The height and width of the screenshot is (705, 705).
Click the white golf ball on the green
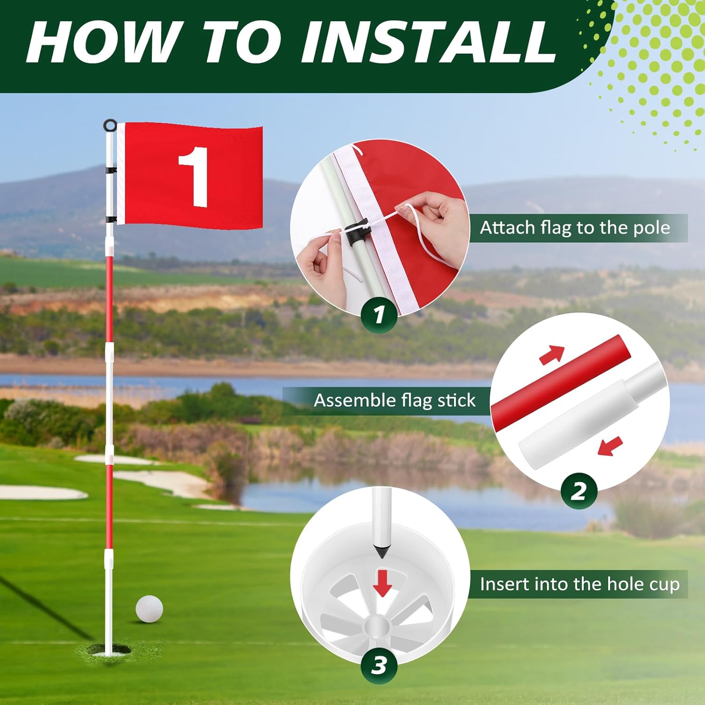149,609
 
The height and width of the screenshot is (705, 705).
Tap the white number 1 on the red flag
194,176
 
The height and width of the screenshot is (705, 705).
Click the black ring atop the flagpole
110,125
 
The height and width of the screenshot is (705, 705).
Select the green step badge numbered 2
579,491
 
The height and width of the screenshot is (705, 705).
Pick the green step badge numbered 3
379,666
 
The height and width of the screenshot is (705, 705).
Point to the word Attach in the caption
508,227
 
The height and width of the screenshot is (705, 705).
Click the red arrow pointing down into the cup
382,583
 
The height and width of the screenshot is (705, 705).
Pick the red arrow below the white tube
610,446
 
